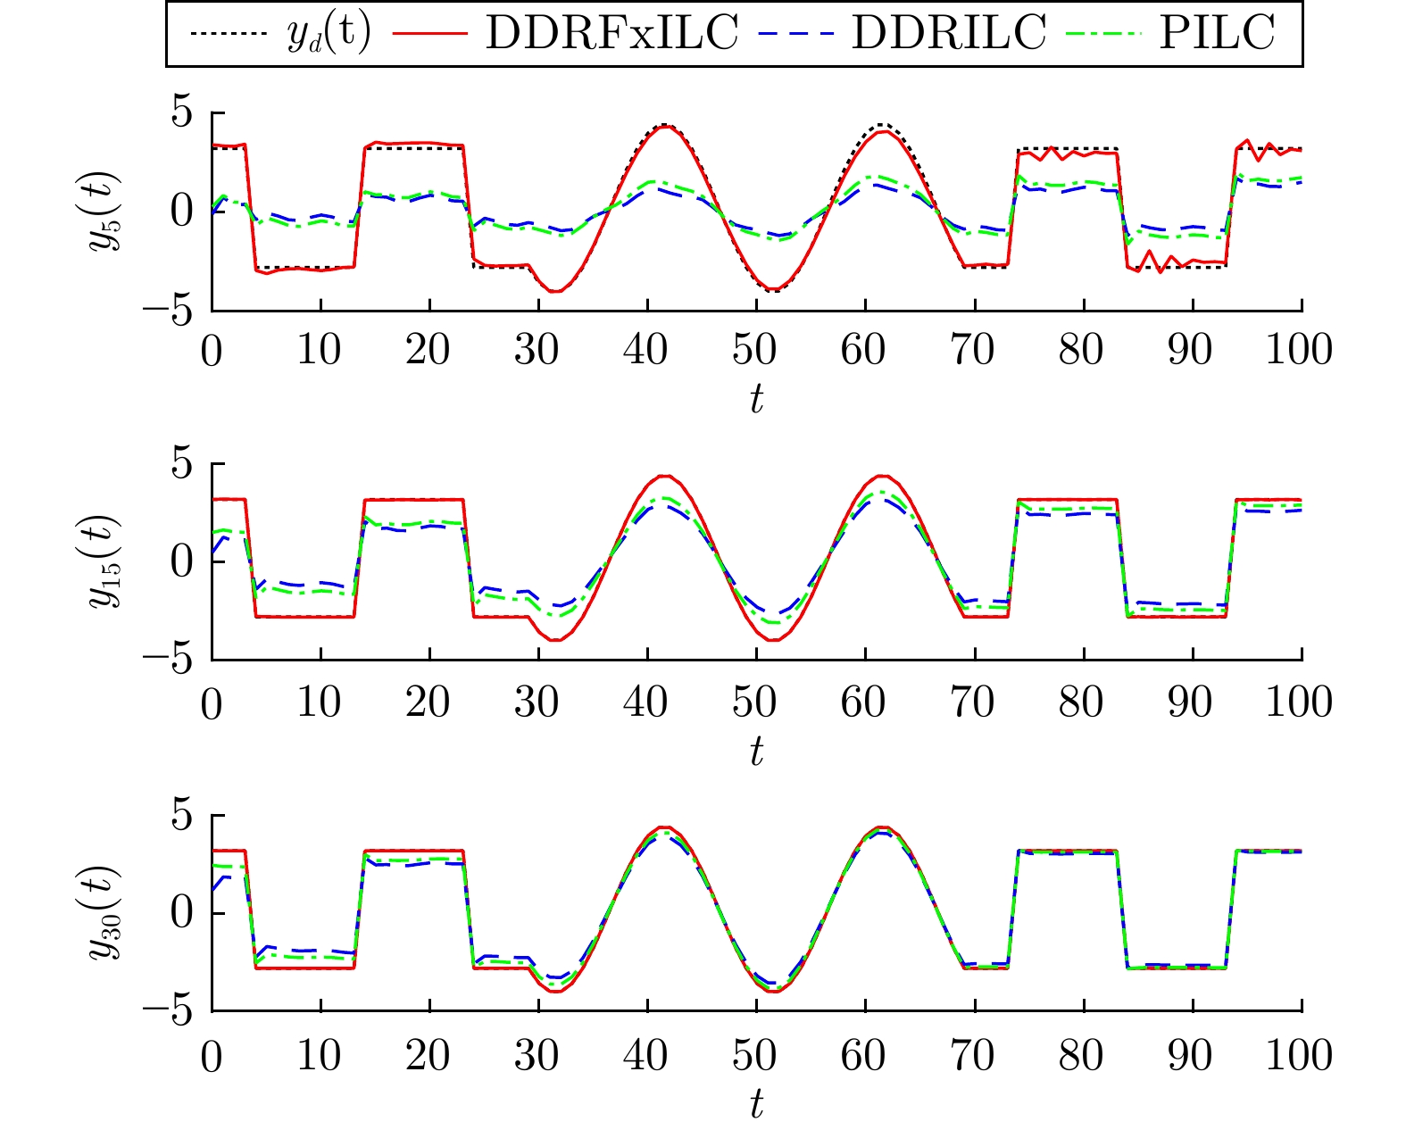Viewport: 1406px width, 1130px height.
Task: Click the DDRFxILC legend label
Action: [611, 34]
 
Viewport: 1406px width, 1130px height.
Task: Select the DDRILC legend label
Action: [948, 34]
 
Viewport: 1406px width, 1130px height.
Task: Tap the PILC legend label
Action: [1217, 34]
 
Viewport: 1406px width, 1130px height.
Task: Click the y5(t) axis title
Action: [105, 211]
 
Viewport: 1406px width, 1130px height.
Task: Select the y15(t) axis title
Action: [105, 561]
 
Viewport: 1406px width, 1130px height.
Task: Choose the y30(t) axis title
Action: [105, 912]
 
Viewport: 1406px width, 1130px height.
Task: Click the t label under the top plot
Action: [756, 400]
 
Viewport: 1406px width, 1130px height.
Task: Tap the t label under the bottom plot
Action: [756, 1105]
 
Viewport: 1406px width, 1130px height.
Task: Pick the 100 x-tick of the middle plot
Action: [1300, 702]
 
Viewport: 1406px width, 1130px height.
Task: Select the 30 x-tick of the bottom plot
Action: [537, 1055]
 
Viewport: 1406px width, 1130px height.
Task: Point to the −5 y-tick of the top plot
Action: [170, 311]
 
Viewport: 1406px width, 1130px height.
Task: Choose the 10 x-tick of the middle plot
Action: [320, 702]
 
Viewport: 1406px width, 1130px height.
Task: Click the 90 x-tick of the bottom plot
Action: [1191, 1055]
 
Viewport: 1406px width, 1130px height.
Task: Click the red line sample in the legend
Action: [435, 34]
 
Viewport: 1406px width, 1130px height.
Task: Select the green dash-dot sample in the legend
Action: [1106, 34]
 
